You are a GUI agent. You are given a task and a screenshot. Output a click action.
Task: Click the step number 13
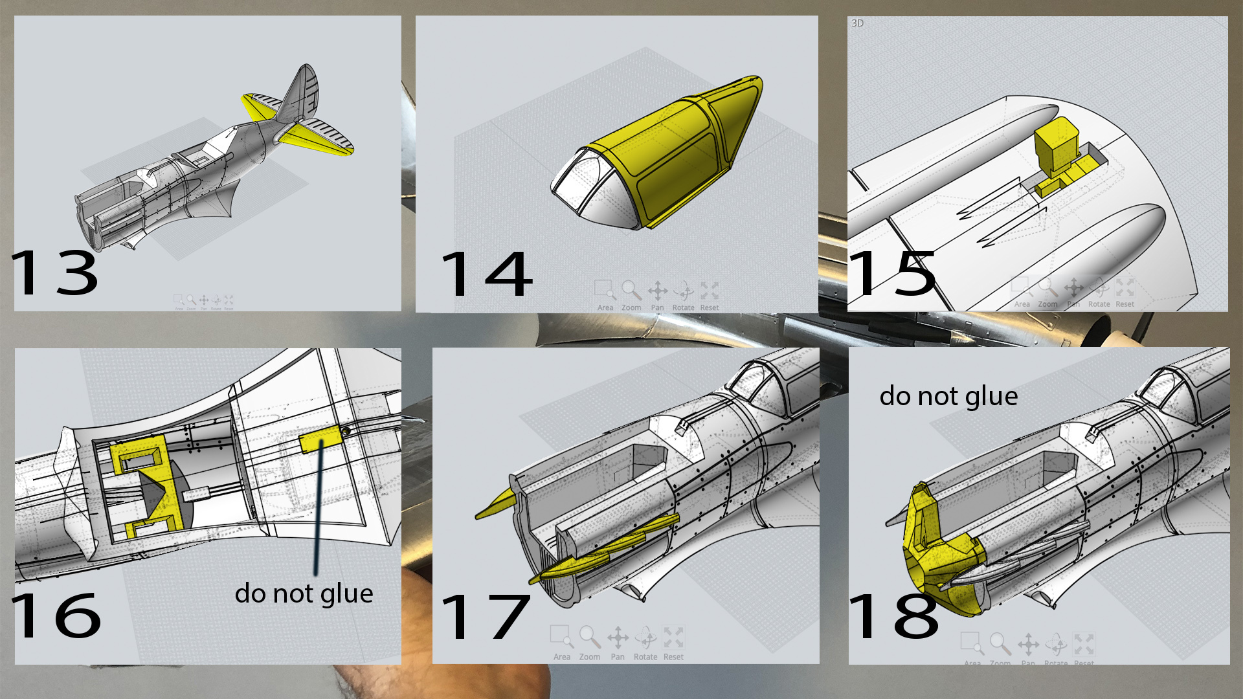[55, 273]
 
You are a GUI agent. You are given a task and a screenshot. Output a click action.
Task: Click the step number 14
[486, 274]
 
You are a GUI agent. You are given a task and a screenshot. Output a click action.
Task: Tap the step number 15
[892, 273]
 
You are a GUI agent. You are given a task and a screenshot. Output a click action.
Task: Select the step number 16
[56, 615]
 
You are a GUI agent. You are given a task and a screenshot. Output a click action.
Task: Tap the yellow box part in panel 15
[1055, 146]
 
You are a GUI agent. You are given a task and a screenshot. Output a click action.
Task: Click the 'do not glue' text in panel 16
[304, 594]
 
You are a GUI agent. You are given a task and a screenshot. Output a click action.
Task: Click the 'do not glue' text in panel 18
[948, 396]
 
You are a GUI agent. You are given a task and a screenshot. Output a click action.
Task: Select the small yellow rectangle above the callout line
[320, 440]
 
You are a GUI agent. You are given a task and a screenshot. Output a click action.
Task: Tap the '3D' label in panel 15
[857, 23]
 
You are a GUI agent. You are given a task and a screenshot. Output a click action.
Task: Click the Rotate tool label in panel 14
[683, 308]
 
